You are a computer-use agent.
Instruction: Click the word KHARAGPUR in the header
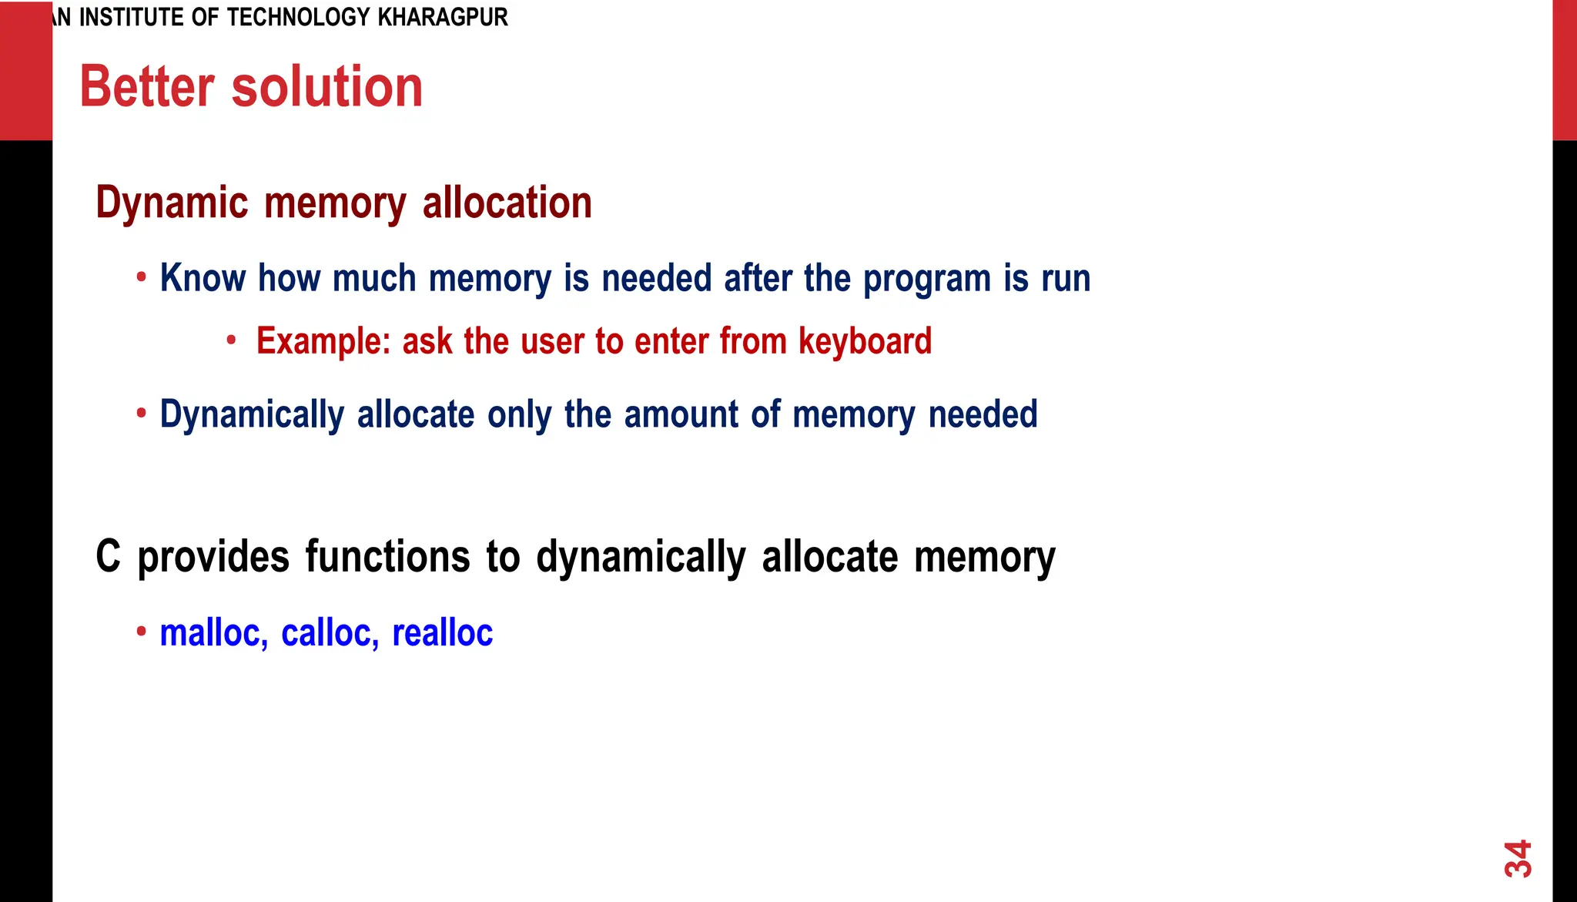[443, 17]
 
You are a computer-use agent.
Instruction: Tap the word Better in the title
[147, 86]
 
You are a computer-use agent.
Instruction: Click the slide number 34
[1518, 858]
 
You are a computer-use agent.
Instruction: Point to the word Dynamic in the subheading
[172, 203]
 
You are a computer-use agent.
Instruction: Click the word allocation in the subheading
[507, 203]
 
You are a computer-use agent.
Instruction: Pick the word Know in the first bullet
[203, 278]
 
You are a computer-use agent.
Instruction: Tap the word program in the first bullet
[927, 280]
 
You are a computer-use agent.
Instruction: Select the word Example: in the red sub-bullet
[323, 341]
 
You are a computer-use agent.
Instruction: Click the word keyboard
[865, 342]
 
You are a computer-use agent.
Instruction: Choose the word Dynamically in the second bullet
[252, 415]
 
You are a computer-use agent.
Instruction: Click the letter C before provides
[108, 556]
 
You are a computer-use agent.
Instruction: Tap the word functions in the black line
[387, 556]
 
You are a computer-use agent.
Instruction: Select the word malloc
[213, 633]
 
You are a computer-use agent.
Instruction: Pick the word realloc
[442, 633]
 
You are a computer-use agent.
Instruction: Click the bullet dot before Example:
[231, 340]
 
